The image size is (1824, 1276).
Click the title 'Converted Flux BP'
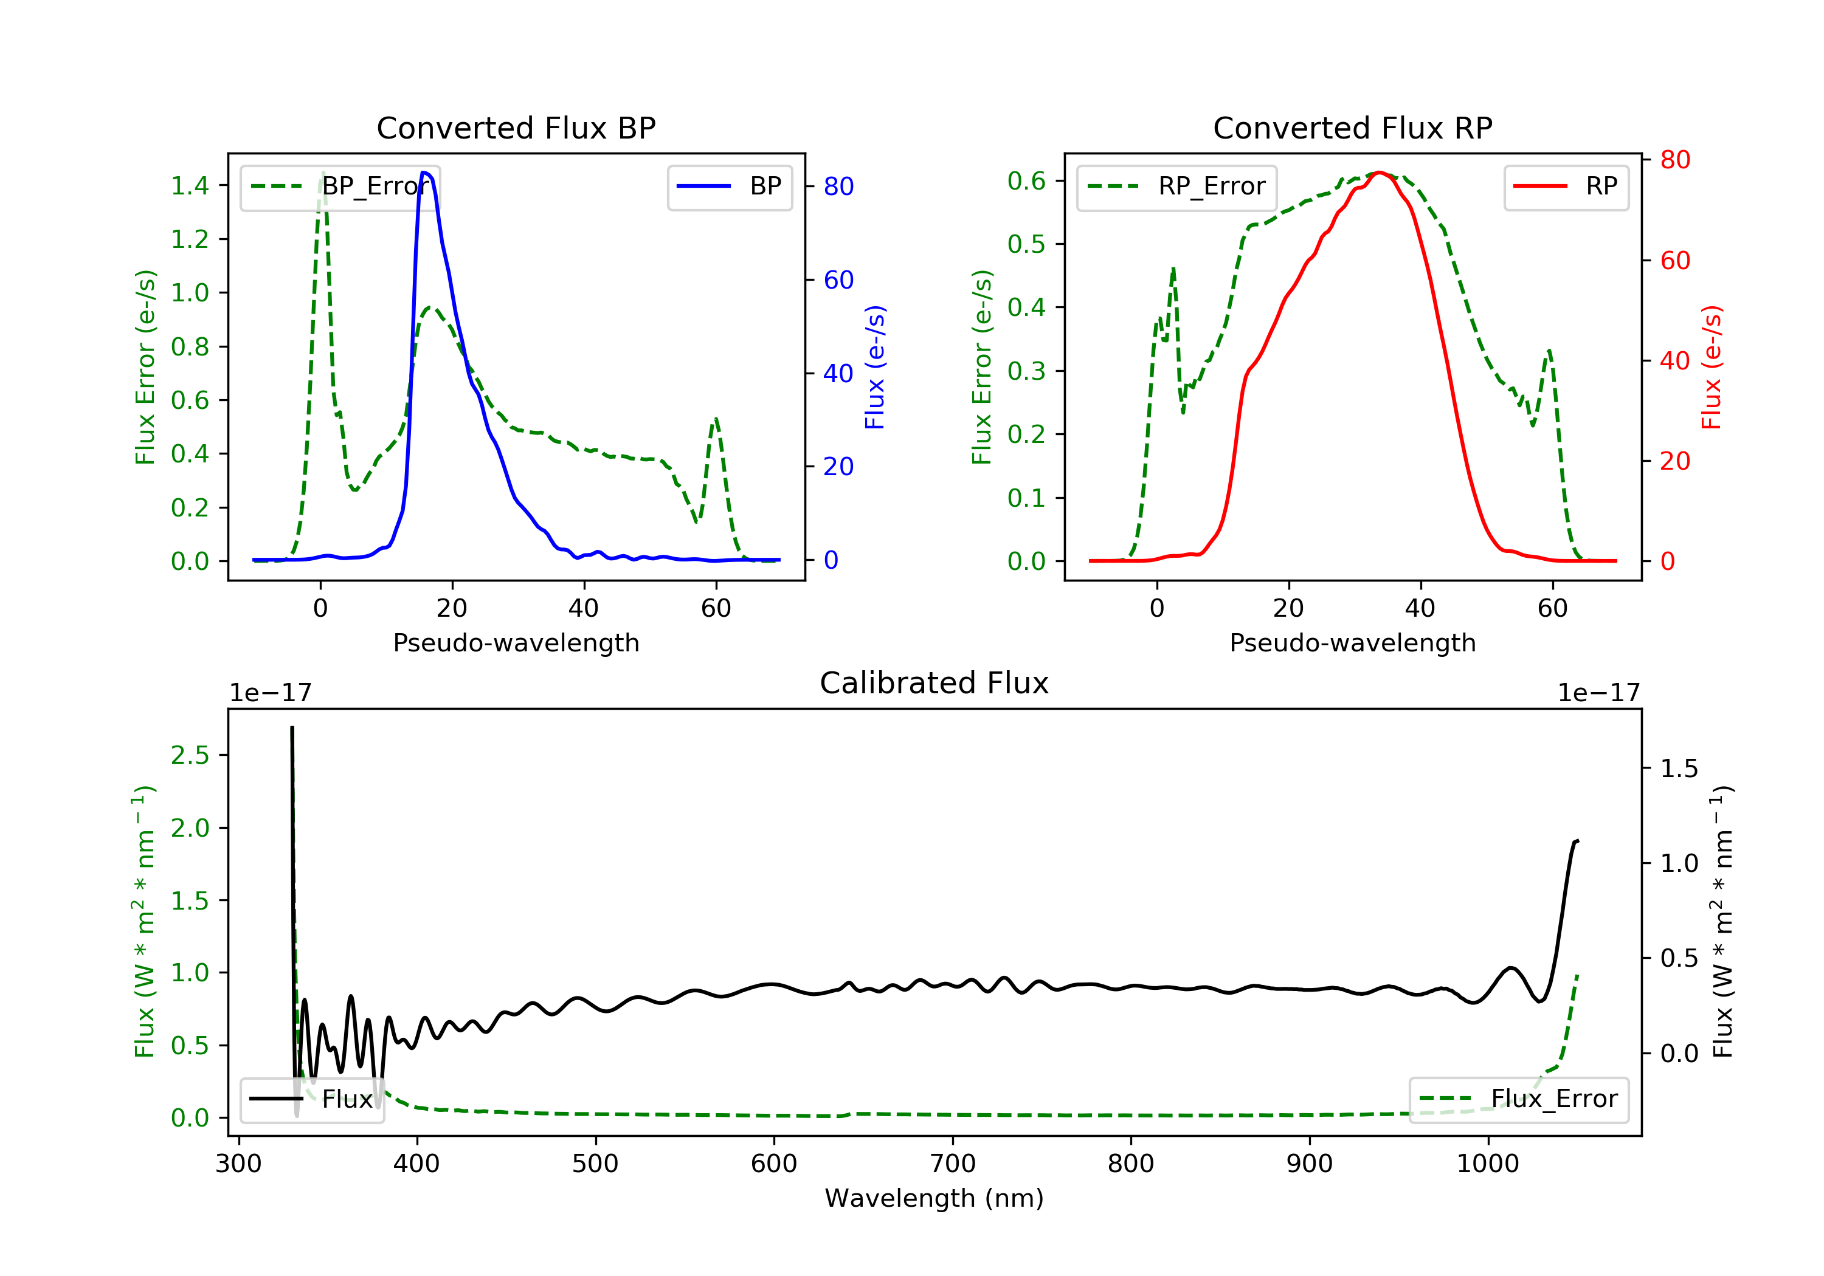(516, 128)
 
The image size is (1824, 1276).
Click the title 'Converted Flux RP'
(1352, 128)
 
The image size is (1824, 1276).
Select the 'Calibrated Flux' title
(934, 683)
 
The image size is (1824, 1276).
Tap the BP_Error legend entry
(340, 187)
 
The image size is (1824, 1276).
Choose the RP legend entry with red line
(1566, 187)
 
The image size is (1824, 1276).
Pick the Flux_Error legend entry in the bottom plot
(1518, 1099)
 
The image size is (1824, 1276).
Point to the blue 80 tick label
(838, 187)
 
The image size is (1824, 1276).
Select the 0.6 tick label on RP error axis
(1026, 181)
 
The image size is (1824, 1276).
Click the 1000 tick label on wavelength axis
(1487, 1164)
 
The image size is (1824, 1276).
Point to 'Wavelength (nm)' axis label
(934, 1198)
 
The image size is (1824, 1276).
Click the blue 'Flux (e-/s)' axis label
(875, 368)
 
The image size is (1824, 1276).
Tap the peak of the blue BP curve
(425, 173)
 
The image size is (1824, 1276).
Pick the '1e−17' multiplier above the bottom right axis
(1598, 693)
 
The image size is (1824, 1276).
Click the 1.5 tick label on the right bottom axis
(1679, 769)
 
